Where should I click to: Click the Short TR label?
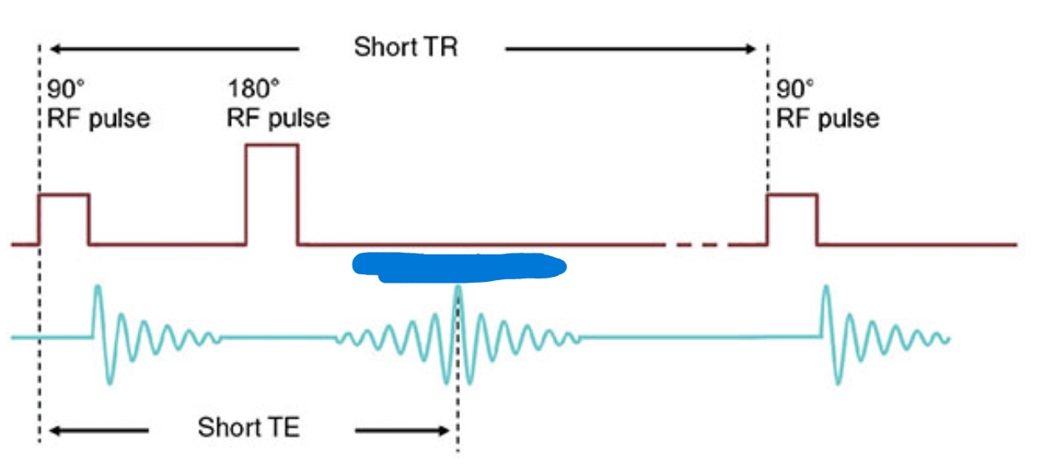pyautogui.click(x=405, y=47)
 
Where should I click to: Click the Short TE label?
pyautogui.click(x=248, y=429)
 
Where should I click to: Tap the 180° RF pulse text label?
pyautogui.click(x=278, y=103)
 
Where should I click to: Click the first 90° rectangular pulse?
pyautogui.click(x=64, y=218)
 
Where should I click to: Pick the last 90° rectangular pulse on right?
pyautogui.click(x=792, y=218)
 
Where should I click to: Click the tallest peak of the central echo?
pyautogui.click(x=457, y=292)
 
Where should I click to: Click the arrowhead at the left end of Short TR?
pyautogui.click(x=54, y=49)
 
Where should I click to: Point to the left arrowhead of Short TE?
pyautogui.click(x=54, y=431)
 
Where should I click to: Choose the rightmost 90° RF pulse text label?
pyautogui.click(x=827, y=103)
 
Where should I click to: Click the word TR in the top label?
pyautogui.click(x=440, y=47)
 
